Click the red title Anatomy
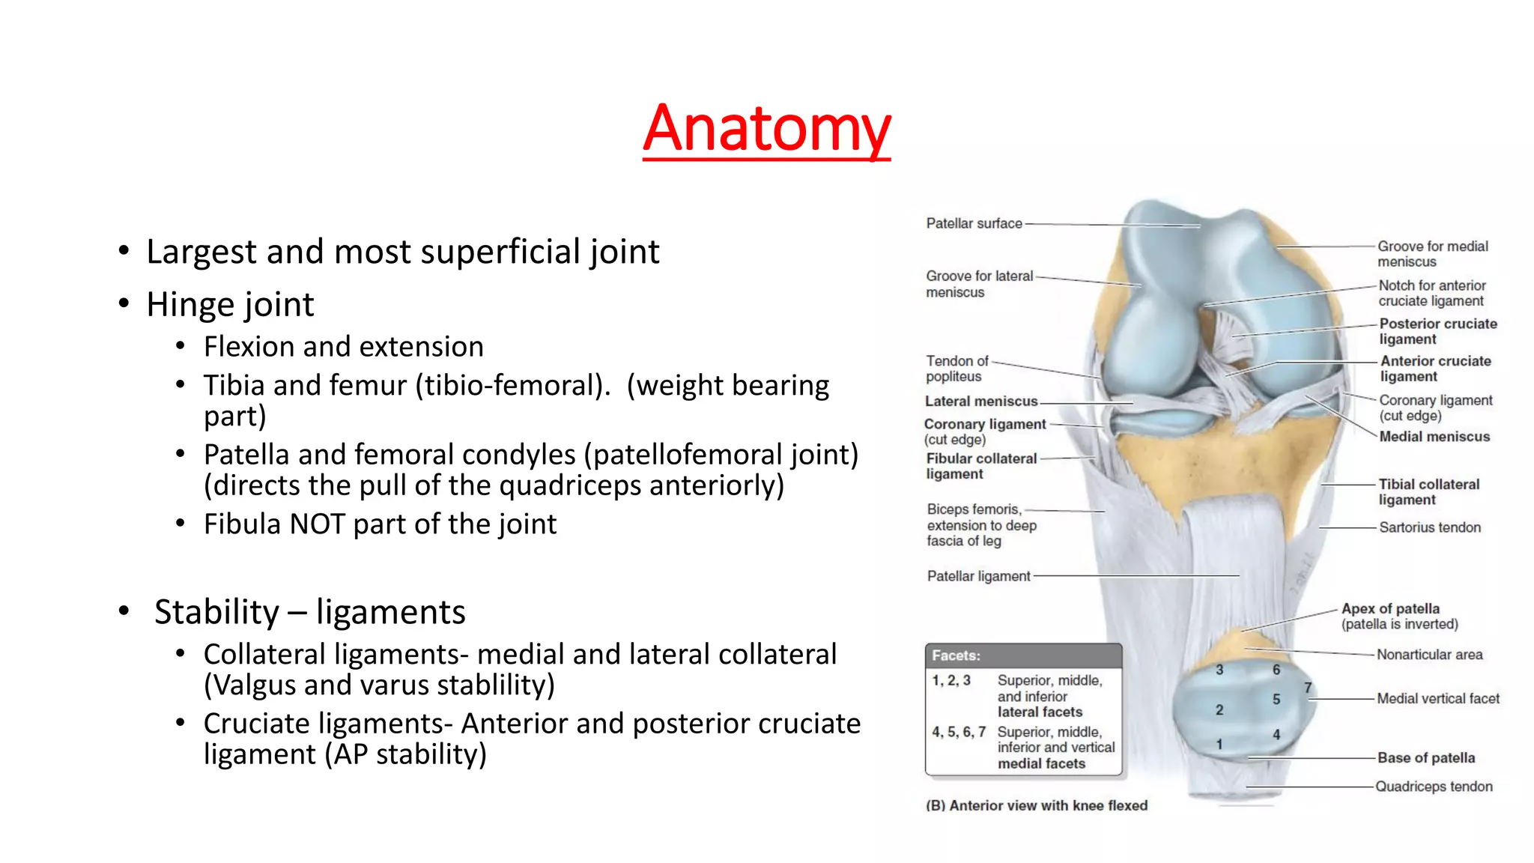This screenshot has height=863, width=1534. point(766,128)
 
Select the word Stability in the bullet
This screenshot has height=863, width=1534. point(216,612)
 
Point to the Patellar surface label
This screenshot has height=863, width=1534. point(974,223)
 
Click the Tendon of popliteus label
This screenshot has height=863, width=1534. point(957,369)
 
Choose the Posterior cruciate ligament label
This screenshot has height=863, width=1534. point(1437,331)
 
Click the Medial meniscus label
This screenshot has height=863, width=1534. point(1434,437)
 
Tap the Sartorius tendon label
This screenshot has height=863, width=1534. point(1430,527)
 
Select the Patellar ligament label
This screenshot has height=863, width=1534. point(978,576)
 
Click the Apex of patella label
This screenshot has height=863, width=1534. point(1390,609)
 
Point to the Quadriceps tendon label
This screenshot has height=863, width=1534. point(1434,787)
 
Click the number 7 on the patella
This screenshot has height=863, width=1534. point(1308,688)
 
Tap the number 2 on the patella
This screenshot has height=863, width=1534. point(1219,709)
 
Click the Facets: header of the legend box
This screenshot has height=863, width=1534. point(957,655)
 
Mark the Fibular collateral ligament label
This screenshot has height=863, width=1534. point(981,466)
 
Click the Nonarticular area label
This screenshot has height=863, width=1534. point(1429,655)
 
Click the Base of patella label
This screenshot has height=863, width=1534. point(1426,758)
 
